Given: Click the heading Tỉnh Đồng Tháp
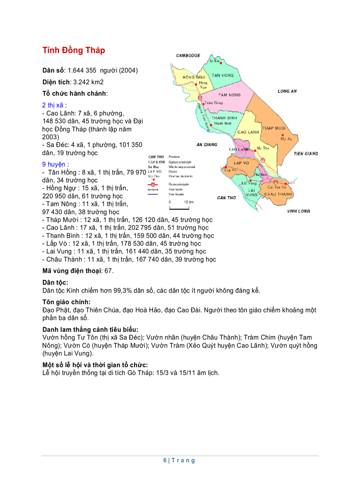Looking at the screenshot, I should tap(74, 50).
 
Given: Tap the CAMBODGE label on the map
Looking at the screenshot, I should tap(188, 56).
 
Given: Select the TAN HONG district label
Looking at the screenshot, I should tap(222, 75).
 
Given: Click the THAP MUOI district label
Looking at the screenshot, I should tap(274, 128).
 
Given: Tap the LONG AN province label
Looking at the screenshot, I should tap(287, 91).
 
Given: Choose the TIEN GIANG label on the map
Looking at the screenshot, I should tap(305, 154).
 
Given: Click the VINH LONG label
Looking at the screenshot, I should tap(298, 211).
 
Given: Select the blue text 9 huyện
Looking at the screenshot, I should tap(56, 164).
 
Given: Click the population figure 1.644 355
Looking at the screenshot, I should tap(82, 71).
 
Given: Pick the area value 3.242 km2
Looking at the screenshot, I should tap(88, 82).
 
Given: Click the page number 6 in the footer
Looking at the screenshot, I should tap(165, 461).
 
